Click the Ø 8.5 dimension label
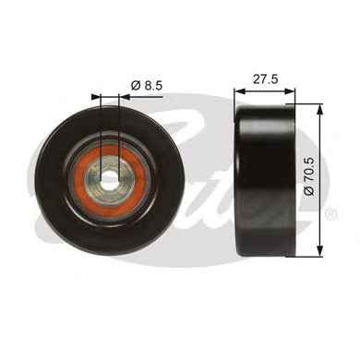[147, 85]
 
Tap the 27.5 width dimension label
[266, 79]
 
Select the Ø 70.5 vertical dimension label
[309, 175]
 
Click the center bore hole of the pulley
[110, 179]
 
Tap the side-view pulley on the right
[265, 180]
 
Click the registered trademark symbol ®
[331, 214]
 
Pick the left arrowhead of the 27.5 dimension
[239, 91]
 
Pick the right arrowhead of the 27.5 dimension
[290, 91]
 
